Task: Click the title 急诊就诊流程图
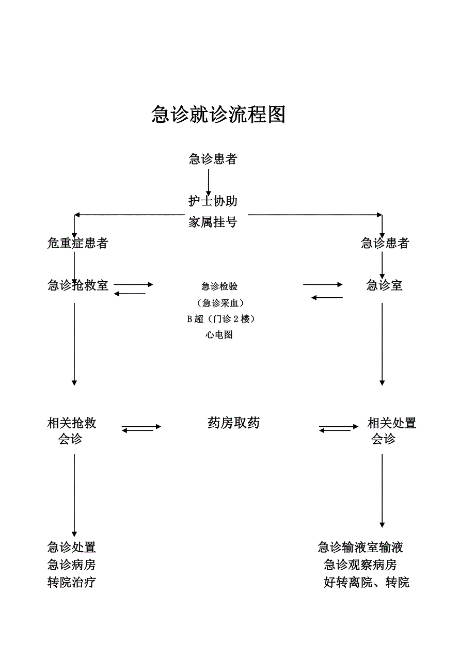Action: click(218, 115)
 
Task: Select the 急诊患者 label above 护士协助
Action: click(213, 159)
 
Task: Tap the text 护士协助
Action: click(213, 201)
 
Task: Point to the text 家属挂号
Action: click(213, 222)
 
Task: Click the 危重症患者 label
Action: click(77, 243)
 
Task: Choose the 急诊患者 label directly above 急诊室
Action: click(385, 243)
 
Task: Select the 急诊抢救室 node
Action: click(78, 285)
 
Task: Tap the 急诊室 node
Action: click(384, 285)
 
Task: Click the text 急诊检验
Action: click(219, 286)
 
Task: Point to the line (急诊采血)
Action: click(220, 303)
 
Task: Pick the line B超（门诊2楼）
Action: click(220, 319)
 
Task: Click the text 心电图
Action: click(219, 335)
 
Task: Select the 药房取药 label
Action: click(233, 423)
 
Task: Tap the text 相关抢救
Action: click(72, 424)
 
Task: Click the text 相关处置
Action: click(392, 424)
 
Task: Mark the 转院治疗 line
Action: click(72, 583)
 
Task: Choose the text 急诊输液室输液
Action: click(360, 547)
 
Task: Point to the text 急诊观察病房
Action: click(360, 565)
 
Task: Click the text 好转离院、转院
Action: click(367, 583)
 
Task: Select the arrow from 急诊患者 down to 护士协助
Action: click(209, 182)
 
